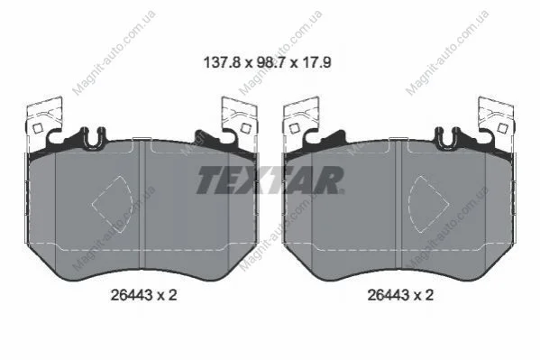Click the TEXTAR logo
pos(270,180)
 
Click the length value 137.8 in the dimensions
pos(222,63)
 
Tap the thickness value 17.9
pos(316,63)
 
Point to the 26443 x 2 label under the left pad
pos(143,295)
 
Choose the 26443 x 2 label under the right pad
pos(400,295)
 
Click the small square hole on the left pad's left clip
pos(38,129)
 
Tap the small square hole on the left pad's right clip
pos(245,128)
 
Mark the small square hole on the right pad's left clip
pos(294,129)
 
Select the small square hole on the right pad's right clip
pos(503,128)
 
